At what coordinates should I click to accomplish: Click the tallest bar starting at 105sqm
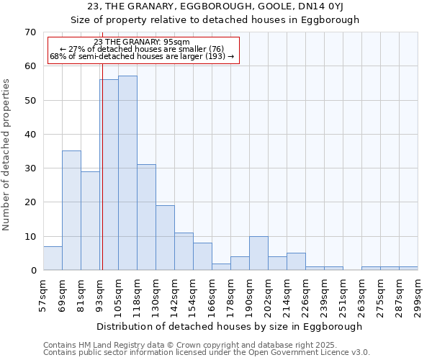click(127, 173)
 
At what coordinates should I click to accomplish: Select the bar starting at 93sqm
click(109, 175)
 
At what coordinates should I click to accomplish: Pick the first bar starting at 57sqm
click(53, 258)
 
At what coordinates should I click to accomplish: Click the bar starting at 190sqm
click(258, 253)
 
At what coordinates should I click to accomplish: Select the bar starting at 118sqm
click(146, 217)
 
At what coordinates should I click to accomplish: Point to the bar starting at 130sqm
click(165, 238)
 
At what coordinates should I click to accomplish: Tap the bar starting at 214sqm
click(296, 261)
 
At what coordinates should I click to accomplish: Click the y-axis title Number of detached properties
click(7, 155)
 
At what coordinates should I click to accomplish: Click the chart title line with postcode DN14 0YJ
click(215, 7)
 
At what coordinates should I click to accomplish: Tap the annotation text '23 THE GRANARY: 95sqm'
click(142, 42)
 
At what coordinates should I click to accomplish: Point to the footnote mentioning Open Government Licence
click(206, 353)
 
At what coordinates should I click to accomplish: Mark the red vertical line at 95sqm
click(102, 180)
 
